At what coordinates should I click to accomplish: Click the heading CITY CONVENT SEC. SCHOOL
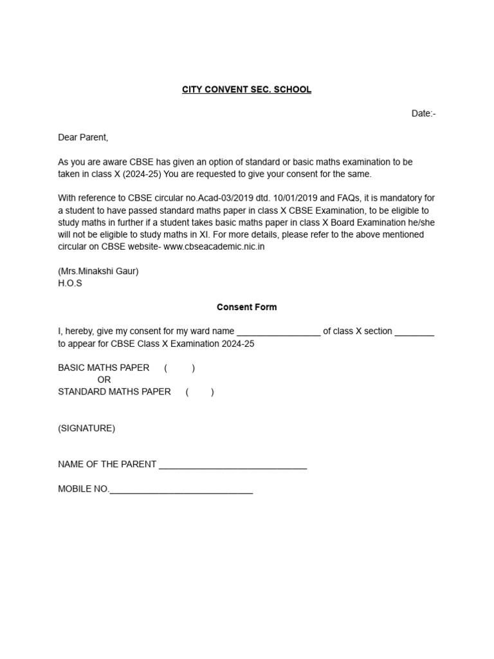coord(246,89)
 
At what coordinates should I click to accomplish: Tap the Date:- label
coord(423,114)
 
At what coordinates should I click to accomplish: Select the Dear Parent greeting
coord(84,138)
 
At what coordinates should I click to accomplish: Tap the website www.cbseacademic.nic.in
coord(214,246)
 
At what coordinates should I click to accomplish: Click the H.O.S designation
coord(70,283)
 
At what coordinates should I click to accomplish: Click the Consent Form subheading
coord(246,307)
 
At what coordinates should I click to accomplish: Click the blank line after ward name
coord(279,332)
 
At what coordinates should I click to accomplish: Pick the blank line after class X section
coord(414,332)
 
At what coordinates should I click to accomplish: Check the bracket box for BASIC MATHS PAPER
coord(179,368)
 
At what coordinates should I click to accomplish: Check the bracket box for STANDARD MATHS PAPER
coord(200,392)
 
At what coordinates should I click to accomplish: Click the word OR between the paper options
coord(104,380)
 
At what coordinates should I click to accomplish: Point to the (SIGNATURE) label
coord(87,428)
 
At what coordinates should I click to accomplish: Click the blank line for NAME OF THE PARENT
coord(232,465)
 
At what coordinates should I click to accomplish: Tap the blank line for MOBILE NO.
coord(181,490)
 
